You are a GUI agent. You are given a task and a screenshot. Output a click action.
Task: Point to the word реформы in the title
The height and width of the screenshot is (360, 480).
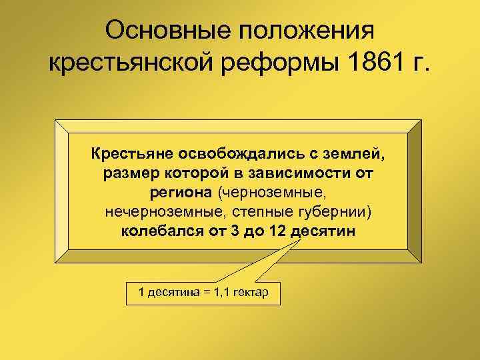click(x=283, y=65)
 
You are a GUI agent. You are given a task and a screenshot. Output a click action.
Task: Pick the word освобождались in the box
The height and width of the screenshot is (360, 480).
click(x=240, y=155)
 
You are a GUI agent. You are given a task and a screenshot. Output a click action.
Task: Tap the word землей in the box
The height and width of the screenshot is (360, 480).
click(x=357, y=155)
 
